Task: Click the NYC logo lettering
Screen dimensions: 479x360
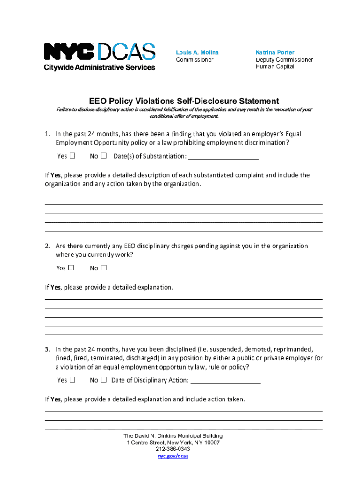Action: point(69,51)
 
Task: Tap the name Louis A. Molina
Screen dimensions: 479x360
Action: point(197,52)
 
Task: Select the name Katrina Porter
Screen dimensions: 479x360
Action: point(275,52)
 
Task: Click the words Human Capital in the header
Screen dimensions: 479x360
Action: point(275,67)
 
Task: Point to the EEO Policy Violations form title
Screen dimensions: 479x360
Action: point(184,101)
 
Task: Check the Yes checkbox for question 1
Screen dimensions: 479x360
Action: point(72,156)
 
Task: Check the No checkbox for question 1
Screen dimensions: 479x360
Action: point(104,156)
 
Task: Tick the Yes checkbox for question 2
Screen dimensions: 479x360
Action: point(71,268)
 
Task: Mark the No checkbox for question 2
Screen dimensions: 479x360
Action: point(104,268)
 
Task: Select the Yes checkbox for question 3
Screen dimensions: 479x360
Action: point(72,380)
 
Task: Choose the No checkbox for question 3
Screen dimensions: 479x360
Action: point(104,380)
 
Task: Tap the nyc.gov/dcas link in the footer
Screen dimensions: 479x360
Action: point(173,456)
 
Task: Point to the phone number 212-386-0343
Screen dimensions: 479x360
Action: point(173,450)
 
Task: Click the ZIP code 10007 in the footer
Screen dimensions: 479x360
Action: point(211,443)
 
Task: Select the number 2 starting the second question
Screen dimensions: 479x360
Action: point(47,246)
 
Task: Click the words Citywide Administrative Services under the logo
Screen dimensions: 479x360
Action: point(100,67)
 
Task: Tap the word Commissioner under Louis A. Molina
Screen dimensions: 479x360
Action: point(194,60)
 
